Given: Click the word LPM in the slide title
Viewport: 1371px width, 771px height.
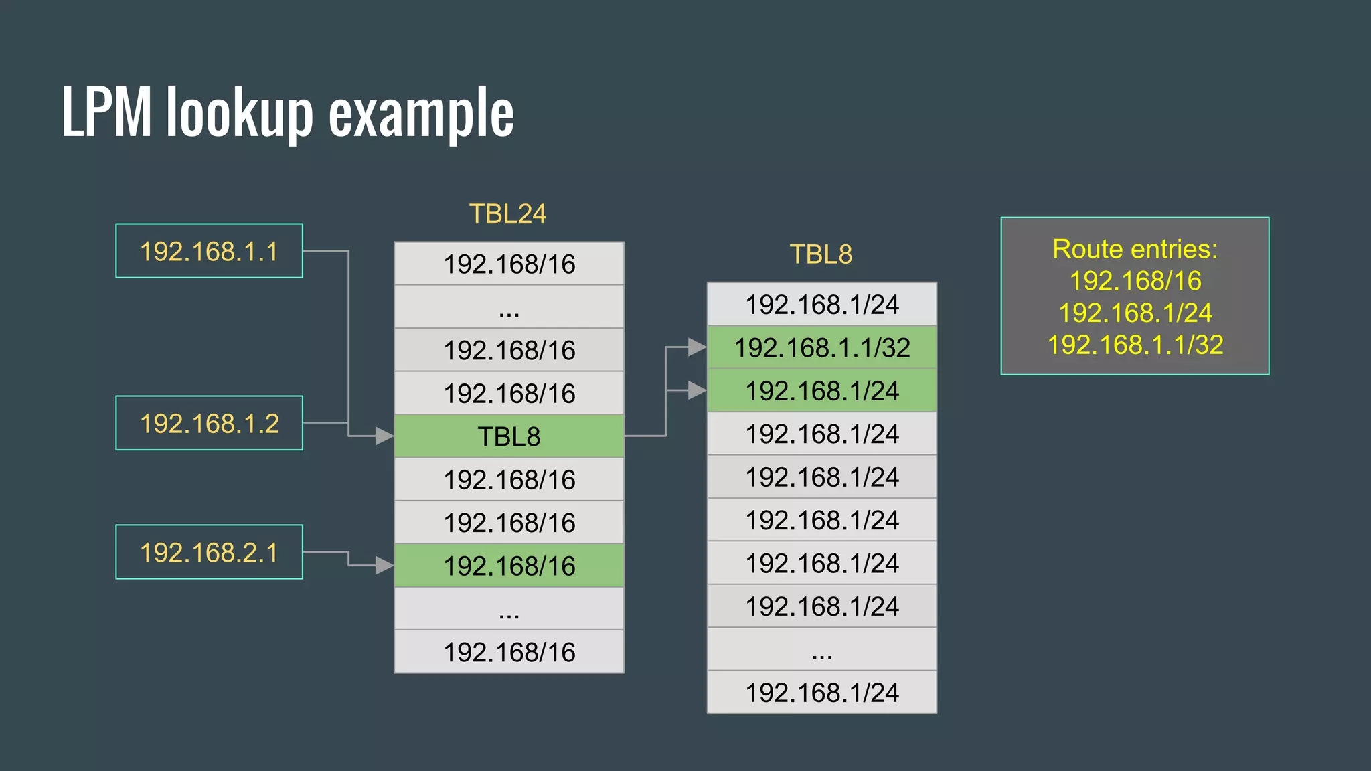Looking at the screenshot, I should [107, 112].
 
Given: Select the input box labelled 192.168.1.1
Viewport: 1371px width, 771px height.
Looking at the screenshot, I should [209, 251].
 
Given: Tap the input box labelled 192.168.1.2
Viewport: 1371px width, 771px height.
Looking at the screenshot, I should [209, 423].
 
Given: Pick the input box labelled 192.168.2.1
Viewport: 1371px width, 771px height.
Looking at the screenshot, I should [209, 552].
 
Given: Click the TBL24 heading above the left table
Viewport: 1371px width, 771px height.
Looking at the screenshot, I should [507, 214].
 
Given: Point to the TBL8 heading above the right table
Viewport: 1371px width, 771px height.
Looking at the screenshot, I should [821, 254].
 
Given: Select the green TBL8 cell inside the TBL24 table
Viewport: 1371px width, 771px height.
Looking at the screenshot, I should [509, 436].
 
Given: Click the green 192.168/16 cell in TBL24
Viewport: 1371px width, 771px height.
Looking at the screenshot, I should [509, 566].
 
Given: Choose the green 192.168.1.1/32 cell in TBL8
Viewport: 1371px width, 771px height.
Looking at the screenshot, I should [822, 347].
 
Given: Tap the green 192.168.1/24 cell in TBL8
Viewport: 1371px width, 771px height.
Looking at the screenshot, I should [822, 390].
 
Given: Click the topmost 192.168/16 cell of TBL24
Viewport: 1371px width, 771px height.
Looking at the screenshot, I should [509, 264].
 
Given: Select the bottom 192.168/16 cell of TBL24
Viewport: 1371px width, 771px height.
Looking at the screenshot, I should [509, 652].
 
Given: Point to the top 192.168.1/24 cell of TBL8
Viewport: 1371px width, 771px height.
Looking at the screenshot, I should [822, 305].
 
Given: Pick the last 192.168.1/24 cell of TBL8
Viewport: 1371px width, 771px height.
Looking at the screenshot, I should [822, 693].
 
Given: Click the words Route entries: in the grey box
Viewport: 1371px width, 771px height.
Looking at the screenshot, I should [1135, 249].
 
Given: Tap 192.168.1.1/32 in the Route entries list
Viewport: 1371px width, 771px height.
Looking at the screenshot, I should [1135, 345].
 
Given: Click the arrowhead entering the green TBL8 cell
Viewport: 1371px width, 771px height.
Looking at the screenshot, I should [384, 436].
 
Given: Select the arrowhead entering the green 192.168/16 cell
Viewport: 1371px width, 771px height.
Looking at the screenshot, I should [384, 566].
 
